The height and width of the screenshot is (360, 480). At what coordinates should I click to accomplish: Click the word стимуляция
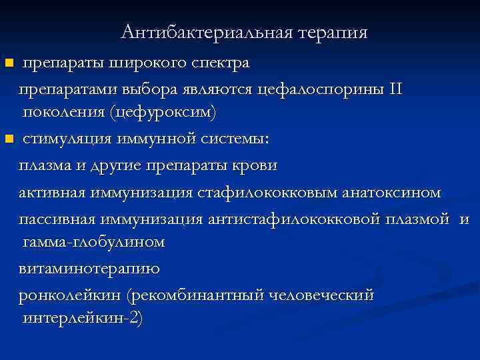point(64,139)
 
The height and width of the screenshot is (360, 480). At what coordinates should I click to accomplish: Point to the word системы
point(235,139)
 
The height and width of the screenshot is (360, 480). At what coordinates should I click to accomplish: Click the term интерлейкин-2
point(80,317)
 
